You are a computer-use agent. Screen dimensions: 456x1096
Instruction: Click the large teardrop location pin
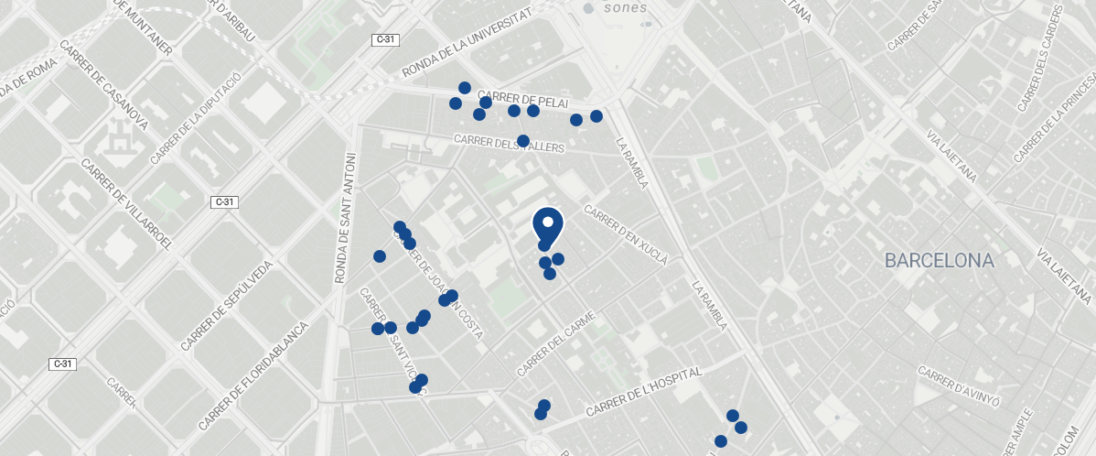tap(547, 224)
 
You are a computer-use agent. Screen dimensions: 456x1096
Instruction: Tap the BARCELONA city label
tap(939, 261)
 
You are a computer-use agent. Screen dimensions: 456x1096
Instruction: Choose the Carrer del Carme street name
tap(556, 344)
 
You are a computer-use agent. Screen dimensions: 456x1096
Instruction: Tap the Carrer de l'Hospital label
tap(643, 391)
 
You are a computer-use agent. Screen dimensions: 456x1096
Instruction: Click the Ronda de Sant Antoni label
tap(346, 217)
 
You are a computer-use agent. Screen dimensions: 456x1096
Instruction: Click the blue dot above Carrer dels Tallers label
tap(523, 141)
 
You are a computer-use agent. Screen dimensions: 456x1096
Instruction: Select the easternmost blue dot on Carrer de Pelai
tap(596, 116)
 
